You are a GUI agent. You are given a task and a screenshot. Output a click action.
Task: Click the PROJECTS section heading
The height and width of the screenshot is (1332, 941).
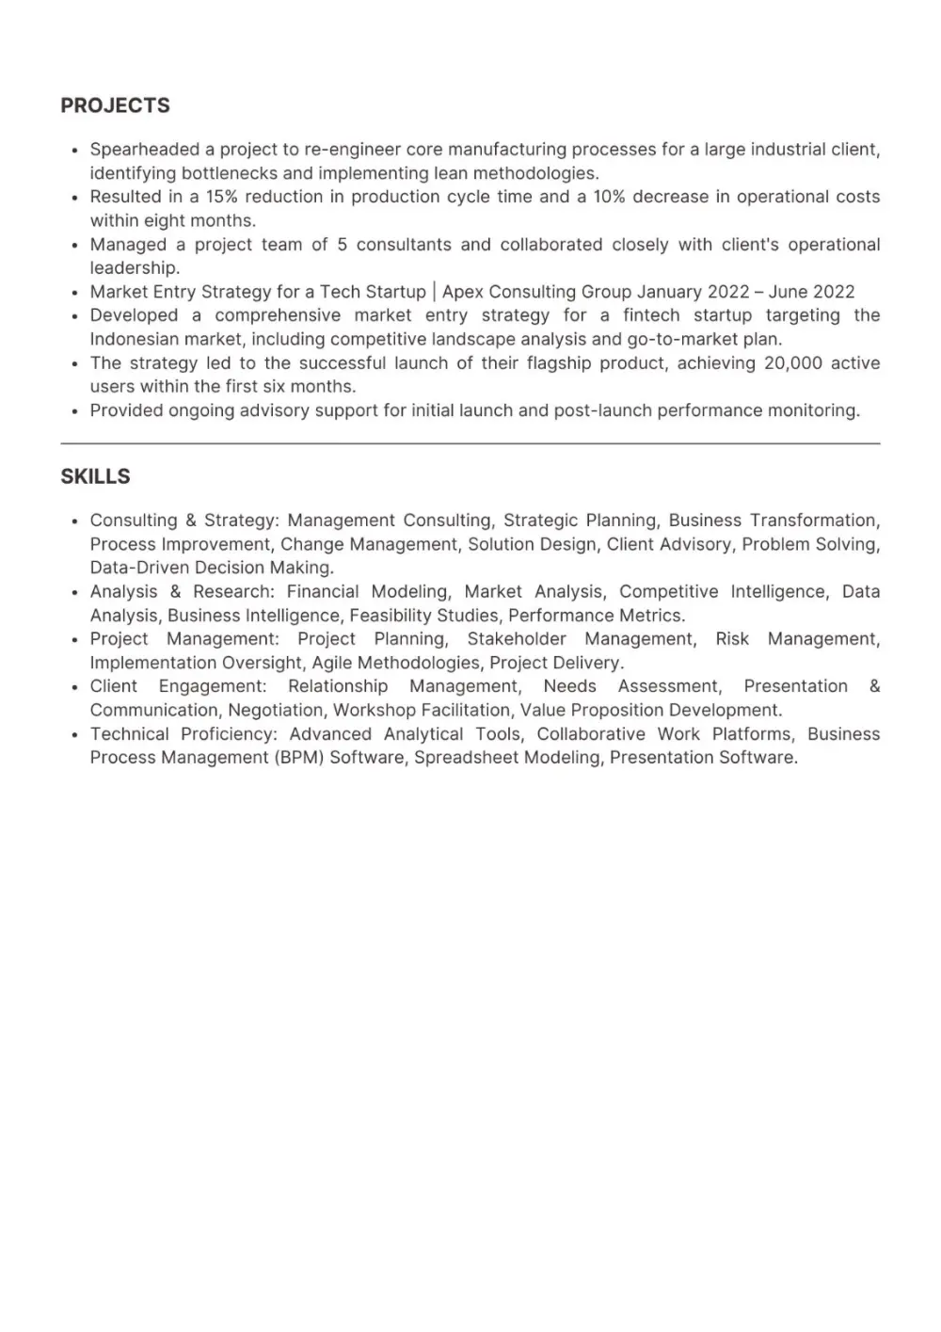pyautogui.click(x=115, y=105)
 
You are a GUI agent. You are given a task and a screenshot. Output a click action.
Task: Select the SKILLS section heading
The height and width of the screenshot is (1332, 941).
pyautogui.click(x=95, y=476)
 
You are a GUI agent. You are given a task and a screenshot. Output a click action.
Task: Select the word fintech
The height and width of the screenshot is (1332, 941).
pyautogui.click(x=651, y=315)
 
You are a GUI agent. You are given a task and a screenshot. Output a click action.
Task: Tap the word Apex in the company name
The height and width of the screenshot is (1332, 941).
pyautogui.click(x=462, y=292)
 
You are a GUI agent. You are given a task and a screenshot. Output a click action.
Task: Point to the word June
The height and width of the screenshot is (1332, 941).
pyautogui.click(x=789, y=292)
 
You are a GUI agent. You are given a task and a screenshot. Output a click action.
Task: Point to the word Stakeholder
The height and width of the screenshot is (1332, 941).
pyautogui.click(x=517, y=639)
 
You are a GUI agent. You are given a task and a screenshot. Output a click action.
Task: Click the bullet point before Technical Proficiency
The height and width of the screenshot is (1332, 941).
pyautogui.click(x=74, y=734)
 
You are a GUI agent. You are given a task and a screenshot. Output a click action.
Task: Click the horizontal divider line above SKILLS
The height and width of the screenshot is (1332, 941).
pyautogui.click(x=470, y=443)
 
